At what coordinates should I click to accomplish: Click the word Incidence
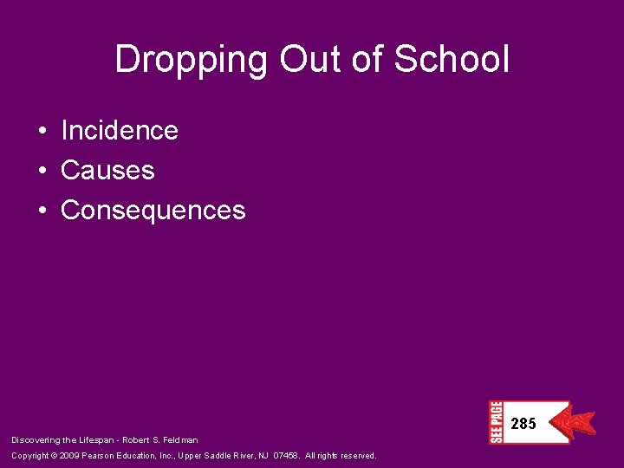click(119, 131)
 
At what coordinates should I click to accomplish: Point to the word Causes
click(107, 171)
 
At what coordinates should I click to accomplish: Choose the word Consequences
click(153, 211)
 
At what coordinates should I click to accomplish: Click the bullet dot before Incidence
click(42, 132)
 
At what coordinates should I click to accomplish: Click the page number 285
click(523, 424)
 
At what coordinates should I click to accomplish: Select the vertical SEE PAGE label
click(496, 422)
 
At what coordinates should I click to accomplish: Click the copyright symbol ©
click(54, 456)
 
